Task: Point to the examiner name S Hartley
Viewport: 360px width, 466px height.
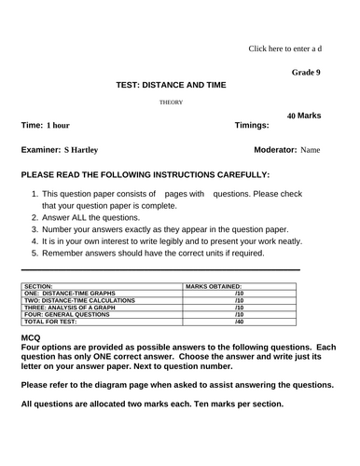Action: [x=81, y=149]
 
